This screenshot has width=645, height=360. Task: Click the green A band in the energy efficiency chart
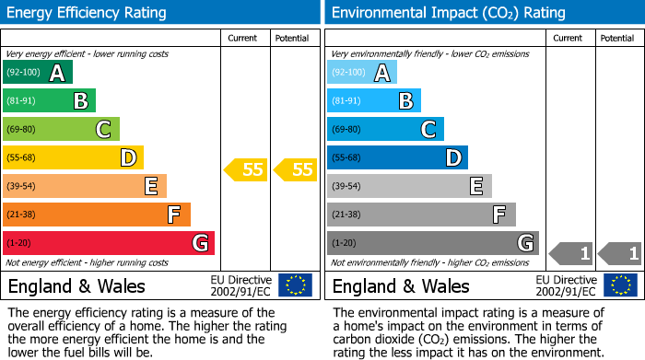tap(38, 73)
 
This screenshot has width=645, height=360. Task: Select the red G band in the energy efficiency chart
tap(109, 243)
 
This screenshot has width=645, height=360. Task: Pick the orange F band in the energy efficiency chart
tap(97, 215)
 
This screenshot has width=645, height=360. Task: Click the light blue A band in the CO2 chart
tap(362, 73)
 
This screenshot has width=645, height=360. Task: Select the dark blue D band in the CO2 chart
tap(397, 157)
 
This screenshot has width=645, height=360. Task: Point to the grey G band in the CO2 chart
tap(432, 243)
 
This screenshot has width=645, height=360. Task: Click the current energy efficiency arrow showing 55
tap(246, 169)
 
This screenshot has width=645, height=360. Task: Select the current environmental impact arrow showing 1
tap(571, 253)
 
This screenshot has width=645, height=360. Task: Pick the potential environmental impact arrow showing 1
tap(620, 253)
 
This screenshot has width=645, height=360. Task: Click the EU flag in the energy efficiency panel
tap(295, 285)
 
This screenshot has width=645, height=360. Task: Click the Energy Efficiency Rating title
tap(88, 13)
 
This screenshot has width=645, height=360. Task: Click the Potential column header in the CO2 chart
tap(617, 38)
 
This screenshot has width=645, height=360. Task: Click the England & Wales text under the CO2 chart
tap(401, 285)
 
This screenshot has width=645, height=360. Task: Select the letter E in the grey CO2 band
tap(476, 186)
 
